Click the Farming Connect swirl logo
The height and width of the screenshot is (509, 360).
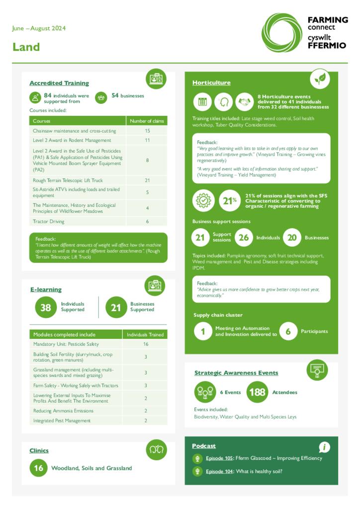click(x=281, y=32)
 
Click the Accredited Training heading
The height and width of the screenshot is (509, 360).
click(x=59, y=83)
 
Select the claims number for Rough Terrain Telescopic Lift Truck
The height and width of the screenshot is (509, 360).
click(x=147, y=180)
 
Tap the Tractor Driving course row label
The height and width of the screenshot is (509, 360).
click(x=49, y=221)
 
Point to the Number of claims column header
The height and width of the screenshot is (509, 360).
click(x=147, y=121)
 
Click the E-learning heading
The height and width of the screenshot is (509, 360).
click(x=45, y=289)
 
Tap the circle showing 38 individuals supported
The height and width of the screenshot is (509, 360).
click(x=46, y=307)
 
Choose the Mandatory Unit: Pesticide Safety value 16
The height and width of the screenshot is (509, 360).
click(x=146, y=344)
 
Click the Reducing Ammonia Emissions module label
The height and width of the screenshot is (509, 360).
click(x=63, y=411)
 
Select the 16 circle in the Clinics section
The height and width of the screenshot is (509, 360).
click(x=39, y=468)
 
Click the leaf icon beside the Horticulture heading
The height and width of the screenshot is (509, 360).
click(x=319, y=79)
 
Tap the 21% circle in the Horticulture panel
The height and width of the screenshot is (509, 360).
click(x=228, y=200)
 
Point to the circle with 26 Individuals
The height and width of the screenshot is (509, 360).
click(x=244, y=238)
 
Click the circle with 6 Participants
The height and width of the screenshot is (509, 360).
click(x=288, y=332)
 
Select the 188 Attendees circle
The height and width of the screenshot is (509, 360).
click(x=257, y=392)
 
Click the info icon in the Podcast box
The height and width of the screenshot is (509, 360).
click(x=324, y=447)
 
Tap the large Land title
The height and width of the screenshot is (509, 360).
click(x=26, y=47)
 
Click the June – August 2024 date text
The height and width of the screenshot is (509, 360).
click(x=39, y=28)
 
